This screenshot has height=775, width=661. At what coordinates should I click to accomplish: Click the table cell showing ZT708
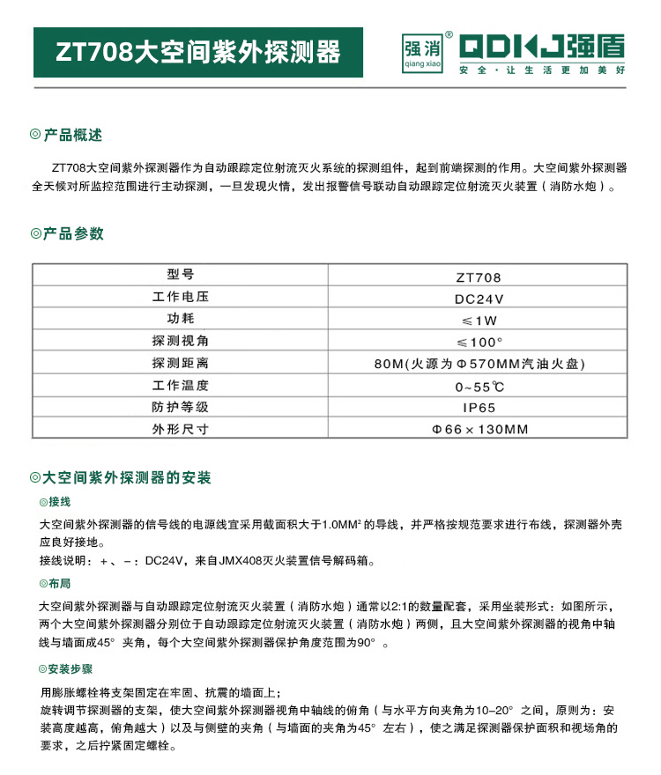click(479, 277)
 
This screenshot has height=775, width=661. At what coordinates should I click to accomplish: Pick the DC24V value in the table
click(479, 298)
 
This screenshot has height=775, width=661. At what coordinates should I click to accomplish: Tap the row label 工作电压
click(180, 297)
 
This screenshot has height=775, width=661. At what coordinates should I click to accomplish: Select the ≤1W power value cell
click(479, 320)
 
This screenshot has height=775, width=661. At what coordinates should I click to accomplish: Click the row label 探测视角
click(180, 341)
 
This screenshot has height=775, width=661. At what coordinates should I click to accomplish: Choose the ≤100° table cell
click(479, 342)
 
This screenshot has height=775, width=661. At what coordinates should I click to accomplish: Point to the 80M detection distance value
click(479, 364)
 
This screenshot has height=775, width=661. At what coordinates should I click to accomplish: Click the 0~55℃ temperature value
click(479, 386)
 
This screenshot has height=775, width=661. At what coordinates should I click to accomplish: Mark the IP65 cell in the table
click(479, 408)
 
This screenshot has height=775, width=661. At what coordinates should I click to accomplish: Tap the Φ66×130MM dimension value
click(479, 430)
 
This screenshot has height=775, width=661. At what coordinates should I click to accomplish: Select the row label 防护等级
click(180, 407)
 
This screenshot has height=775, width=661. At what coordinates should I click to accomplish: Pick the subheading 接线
click(59, 502)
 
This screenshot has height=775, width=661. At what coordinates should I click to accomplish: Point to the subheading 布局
click(59, 584)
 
